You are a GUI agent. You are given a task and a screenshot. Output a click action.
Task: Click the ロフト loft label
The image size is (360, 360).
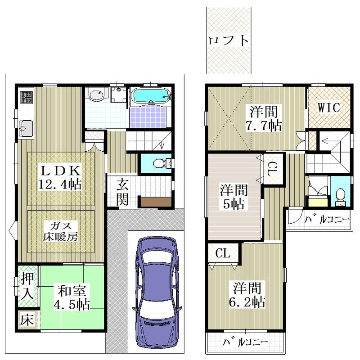coord(229,40)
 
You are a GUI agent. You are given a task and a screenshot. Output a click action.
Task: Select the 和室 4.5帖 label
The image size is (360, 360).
coord(72,297)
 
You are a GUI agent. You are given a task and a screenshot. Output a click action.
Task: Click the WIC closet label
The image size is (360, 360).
coord(329,108)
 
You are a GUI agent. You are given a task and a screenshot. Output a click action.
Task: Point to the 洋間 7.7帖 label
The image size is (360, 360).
coord(264,118)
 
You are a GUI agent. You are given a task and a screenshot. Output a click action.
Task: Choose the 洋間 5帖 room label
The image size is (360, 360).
coord(234,197)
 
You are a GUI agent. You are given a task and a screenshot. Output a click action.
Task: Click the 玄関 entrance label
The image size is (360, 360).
coord(122,193)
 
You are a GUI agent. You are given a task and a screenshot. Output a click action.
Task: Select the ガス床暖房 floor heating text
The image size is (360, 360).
coord(61,231)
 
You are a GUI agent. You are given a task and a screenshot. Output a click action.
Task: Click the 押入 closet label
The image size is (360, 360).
coord(27,286)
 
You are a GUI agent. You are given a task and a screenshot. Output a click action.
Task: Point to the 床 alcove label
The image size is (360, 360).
coord(27,320)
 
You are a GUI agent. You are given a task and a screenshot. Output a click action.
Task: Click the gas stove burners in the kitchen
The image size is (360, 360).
coord(26,97)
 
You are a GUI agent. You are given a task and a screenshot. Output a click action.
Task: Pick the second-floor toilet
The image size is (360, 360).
coord(340,197)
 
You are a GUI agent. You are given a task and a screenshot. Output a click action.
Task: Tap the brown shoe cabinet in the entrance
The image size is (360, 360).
coord(156,202)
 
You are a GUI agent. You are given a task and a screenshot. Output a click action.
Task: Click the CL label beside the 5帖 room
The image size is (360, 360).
coord(273,169)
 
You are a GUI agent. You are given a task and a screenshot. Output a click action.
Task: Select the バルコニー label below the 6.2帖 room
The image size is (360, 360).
coord(245,342)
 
